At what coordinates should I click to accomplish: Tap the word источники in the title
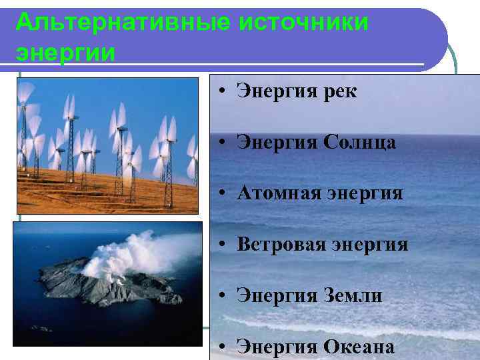[x=303, y=22]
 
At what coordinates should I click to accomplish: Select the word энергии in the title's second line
[x=65, y=52]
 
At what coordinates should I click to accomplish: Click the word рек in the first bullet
[x=339, y=93]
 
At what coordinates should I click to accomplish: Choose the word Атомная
[x=276, y=194]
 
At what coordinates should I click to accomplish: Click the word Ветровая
[x=281, y=245]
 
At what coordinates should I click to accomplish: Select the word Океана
[x=359, y=347]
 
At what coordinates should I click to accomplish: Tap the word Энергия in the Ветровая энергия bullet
[x=369, y=245]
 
